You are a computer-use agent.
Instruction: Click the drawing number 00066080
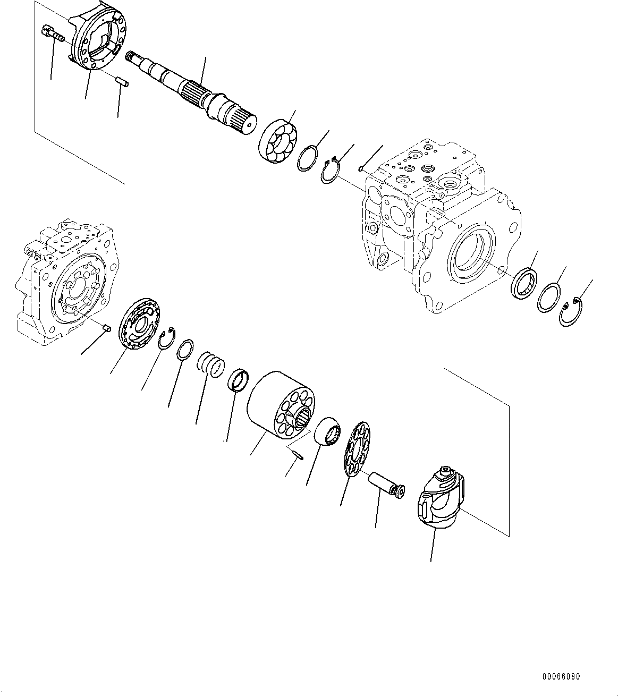(561, 677)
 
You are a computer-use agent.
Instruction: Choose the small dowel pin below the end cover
(120, 83)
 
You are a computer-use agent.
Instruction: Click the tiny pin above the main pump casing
(361, 169)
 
